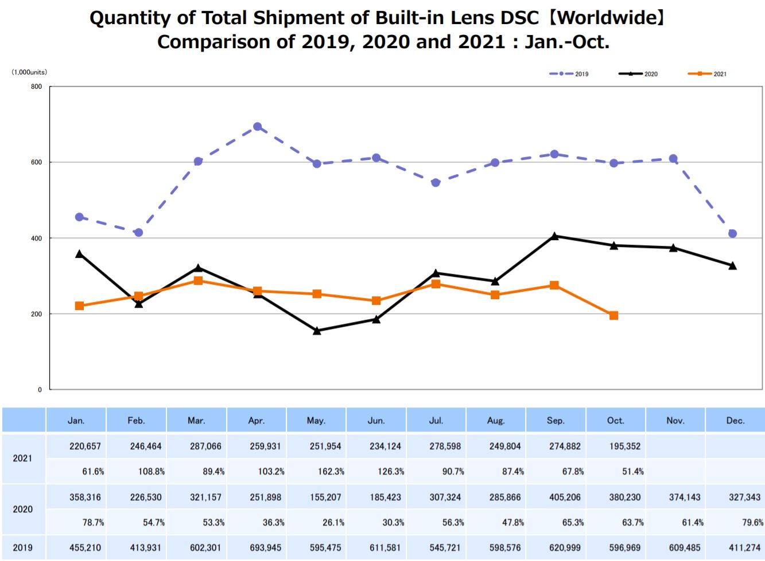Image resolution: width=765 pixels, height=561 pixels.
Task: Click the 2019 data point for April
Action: (x=258, y=127)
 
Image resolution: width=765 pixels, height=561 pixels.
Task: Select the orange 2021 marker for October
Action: (x=613, y=316)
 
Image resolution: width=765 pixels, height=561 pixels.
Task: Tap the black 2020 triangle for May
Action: (x=317, y=331)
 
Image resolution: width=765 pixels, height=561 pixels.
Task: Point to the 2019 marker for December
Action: (x=732, y=234)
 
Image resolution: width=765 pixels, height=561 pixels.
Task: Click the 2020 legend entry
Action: (x=638, y=74)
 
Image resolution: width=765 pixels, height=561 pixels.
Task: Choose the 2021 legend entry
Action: (x=707, y=74)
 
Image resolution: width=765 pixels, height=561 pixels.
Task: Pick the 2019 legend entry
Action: (x=569, y=74)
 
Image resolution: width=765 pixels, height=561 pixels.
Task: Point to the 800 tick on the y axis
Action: (x=37, y=87)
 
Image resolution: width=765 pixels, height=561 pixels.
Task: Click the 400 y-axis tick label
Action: (x=37, y=238)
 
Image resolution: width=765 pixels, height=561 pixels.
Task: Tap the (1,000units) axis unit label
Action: (x=29, y=72)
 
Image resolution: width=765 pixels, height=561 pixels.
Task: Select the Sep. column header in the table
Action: (x=556, y=421)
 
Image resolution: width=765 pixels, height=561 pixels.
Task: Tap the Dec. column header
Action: (x=735, y=421)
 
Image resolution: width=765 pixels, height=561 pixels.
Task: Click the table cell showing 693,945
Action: (x=265, y=548)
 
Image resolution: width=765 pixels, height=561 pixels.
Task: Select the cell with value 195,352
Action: (x=624, y=446)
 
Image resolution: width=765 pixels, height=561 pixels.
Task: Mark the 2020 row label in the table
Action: (x=23, y=509)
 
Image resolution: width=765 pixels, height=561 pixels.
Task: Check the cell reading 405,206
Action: (x=565, y=497)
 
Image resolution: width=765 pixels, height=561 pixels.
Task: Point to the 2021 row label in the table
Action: (x=23, y=458)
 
